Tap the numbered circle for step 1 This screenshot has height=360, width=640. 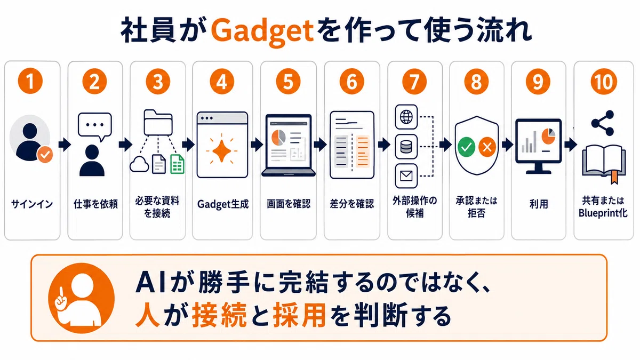click(30, 82)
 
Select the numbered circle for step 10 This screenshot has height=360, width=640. click(604, 82)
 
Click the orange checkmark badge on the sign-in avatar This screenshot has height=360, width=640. click(45, 154)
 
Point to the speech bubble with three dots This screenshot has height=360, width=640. click(95, 126)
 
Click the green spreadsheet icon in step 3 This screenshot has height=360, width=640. click(177, 164)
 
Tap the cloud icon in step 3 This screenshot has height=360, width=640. click(139, 164)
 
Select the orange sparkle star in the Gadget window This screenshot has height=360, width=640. click(222, 150)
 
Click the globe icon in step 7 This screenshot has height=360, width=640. click(406, 117)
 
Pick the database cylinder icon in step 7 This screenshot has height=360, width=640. click(406, 147)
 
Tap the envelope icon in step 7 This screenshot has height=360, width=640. click(406, 175)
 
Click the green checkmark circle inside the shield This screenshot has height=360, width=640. click(466, 147)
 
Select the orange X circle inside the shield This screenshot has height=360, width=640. click(487, 147)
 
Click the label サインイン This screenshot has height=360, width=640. click(32, 204)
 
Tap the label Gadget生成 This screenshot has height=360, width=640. click(223, 204)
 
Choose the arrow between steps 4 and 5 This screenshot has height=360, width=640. click(257, 145)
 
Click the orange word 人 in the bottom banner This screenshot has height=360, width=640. click(147, 315)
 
